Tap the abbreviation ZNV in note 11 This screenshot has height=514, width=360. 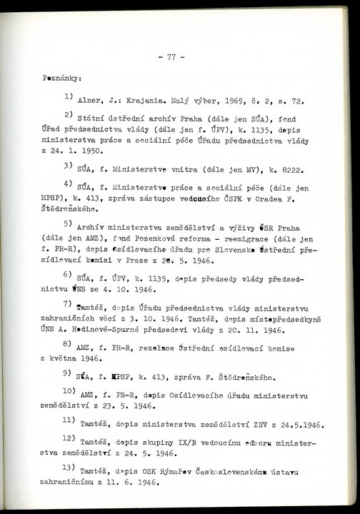click(255, 426)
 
